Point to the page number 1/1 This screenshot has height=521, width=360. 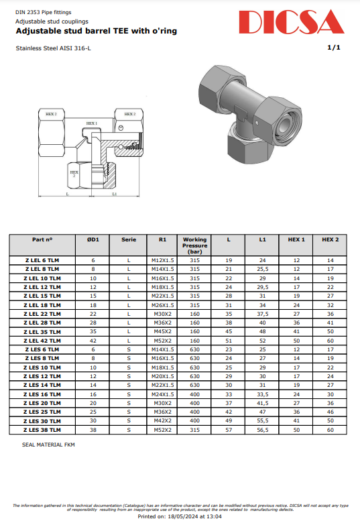click(x=334, y=48)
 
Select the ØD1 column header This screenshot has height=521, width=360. click(x=93, y=239)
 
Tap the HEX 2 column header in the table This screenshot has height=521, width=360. click(x=330, y=239)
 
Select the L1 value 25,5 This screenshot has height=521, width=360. click(x=262, y=269)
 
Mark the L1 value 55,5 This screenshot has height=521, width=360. click(x=262, y=420)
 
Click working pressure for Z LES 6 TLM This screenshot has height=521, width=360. click(x=194, y=349)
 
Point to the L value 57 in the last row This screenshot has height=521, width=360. click(x=229, y=429)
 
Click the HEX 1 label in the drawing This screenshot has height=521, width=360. click(x=92, y=123)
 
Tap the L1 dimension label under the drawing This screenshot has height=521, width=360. click(x=114, y=194)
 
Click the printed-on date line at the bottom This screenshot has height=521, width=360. click(x=179, y=516)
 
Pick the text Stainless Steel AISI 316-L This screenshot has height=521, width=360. click(x=51, y=48)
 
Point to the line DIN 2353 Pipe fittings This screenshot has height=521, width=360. click(x=43, y=12)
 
